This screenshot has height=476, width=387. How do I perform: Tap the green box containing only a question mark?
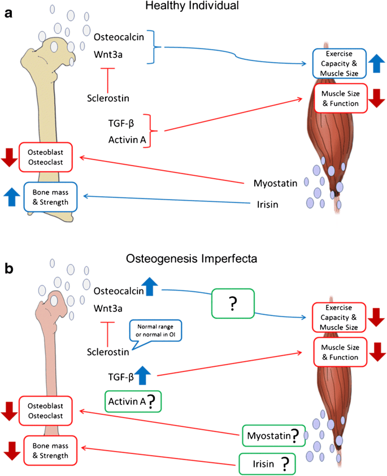point(233,304)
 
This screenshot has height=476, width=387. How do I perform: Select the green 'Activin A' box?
point(132,401)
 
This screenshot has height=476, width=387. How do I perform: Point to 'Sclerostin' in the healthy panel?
point(109,98)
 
